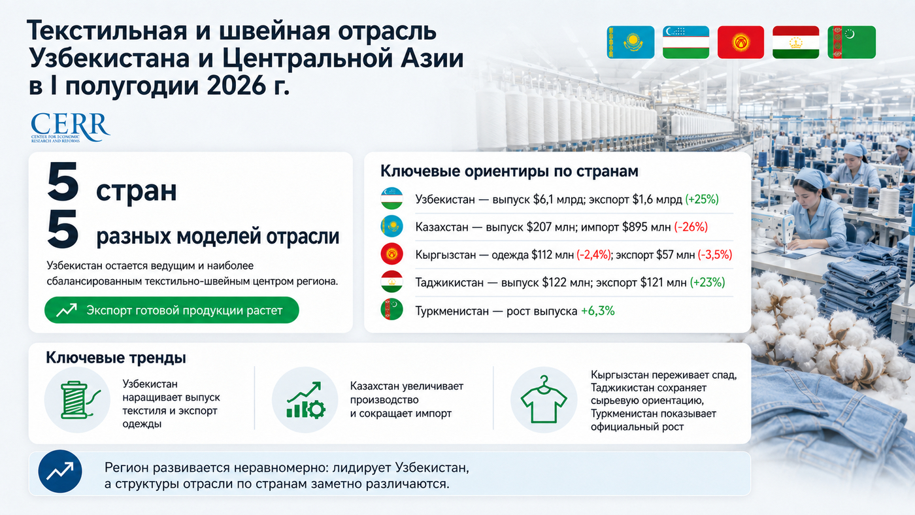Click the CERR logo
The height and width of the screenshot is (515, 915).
click(x=71, y=127)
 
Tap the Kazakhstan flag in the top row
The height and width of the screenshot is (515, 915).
click(x=630, y=42)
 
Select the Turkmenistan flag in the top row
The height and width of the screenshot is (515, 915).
click(x=852, y=42)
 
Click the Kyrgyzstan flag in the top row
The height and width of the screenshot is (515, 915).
click(x=740, y=42)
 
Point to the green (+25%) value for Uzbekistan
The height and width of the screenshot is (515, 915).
click(x=702, y=199)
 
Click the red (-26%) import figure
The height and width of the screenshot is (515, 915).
click(x=691, y=227)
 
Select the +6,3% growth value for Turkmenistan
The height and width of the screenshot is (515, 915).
click(x=597, y=311)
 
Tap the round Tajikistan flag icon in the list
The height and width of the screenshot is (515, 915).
click(x=391, y=282)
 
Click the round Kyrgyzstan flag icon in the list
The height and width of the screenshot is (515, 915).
click(x=391, y=254)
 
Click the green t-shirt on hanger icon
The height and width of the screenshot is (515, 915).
click(x=544, y=400)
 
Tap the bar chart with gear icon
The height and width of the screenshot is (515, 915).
click(x=306, y=400)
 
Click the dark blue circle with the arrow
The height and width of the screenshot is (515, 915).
click(x=60, y=471)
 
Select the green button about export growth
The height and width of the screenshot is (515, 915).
click(x=171, y=310)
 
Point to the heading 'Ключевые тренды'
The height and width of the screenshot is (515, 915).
click(x=116, y=357)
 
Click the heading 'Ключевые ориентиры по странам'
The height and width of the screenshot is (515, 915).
click(x=509, y=171)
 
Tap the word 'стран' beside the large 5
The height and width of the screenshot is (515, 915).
click(x=137, y=191)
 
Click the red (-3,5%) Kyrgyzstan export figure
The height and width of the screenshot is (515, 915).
click(x=715, y=255)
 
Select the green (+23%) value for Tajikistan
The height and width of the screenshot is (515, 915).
click(x=707, y=282)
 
